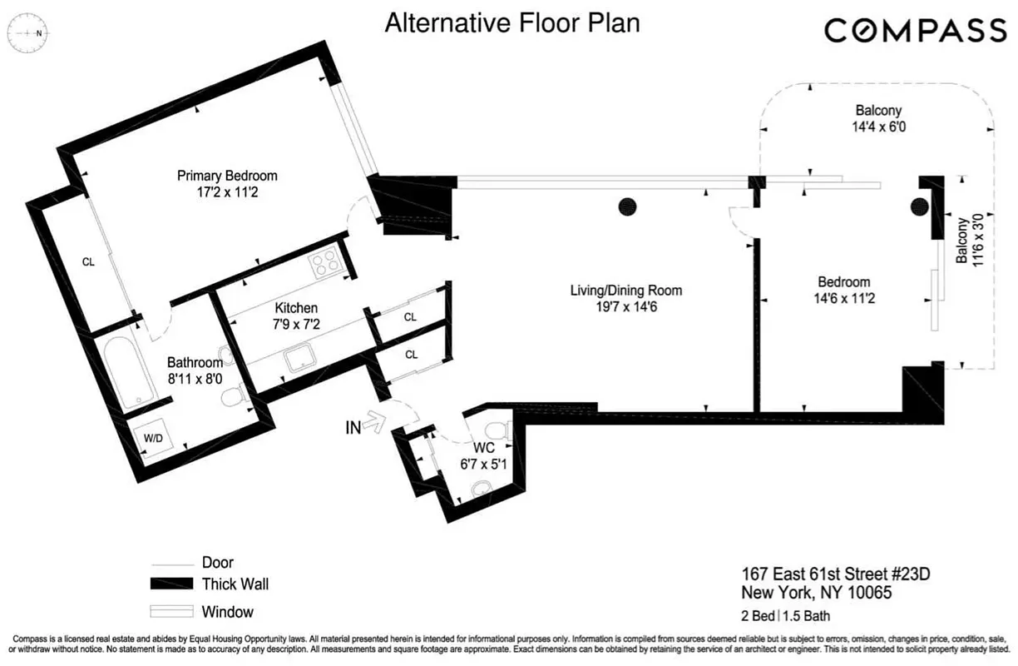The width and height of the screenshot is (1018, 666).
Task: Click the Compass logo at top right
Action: click(915, 31)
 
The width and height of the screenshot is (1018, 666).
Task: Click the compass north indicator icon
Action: click(28, 32)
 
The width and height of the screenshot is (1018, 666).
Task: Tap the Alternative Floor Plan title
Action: click(511, 23)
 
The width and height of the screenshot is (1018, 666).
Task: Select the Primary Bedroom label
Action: click(227, 176)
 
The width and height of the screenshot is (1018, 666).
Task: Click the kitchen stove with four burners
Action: click(324, 263)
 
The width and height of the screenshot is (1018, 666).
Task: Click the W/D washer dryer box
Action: click(153, 438)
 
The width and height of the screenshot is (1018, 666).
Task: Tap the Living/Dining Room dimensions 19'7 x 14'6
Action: click(625, 306)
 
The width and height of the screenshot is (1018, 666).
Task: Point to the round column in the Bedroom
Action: click(919, 206)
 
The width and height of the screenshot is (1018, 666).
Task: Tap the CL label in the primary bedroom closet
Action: click(88, 261)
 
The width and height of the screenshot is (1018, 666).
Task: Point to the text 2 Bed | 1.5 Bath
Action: click(785, 616)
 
